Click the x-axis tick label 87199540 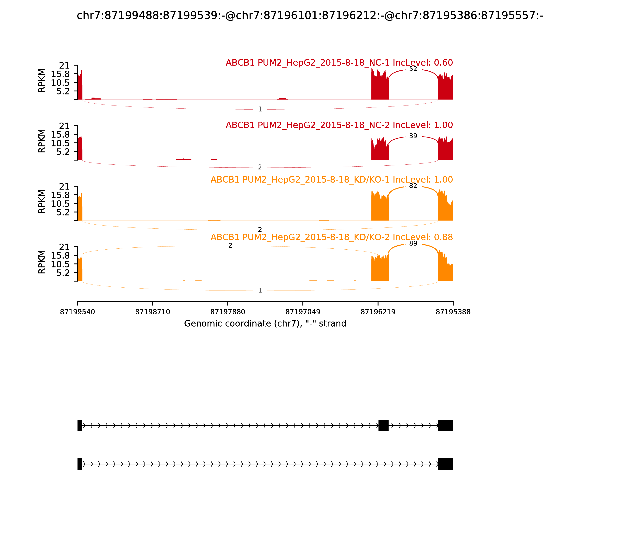coord(77,312)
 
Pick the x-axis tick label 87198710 coord(153,312)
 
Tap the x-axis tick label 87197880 coord(228,312)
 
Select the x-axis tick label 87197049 coord(303,312)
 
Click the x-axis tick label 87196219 coord(378,312)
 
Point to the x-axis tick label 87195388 coord(453,312)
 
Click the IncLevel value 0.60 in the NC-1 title coord(443,63)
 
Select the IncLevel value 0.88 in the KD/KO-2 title coord(443,237)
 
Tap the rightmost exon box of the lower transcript coord(445,464)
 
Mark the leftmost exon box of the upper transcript coord(80,425)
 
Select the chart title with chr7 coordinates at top coord(310,16)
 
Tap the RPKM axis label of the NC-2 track coord(42,141)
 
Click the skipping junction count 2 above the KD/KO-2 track coord(230,246)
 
